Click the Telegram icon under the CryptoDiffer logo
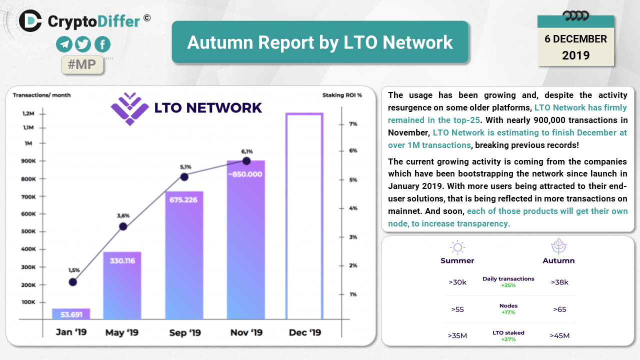pyautogui.click(x=64, y=44)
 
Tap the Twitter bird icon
pyautogui.click(x=83, y=44)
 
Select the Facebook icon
pyautogui.click(x=102, y=44)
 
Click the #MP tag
pyautogui.click(x=82, y=64)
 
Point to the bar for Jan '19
pyautogui.click(x=71, y=313)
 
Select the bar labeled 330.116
pyautogui.click(x=122, y=285)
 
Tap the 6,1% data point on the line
pyautogui.click(x=246, y=161)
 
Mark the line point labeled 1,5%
pyautogui.click(x=73, y=282)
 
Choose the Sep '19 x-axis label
pyautogui.click(x=185, y=332)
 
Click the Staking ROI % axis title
pyautogui.click(x=342, y=95)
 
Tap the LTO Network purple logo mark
pyautogui.click(x=130, y=109)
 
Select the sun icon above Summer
pyautogui.click(x=457, y=247)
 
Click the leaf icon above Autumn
pyautogui.click(x=558, y=246)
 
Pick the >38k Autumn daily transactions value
pyautogui.click(x=559, y=282)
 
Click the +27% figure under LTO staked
pyautogui.click(x=508, y=339)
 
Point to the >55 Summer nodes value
pyautogui.click(x=457, y=309)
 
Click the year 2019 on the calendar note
pyautogui.click(x=575, y=55)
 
